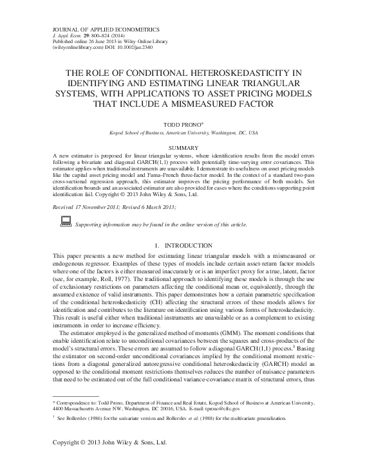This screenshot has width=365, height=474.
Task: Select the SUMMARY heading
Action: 183,148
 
